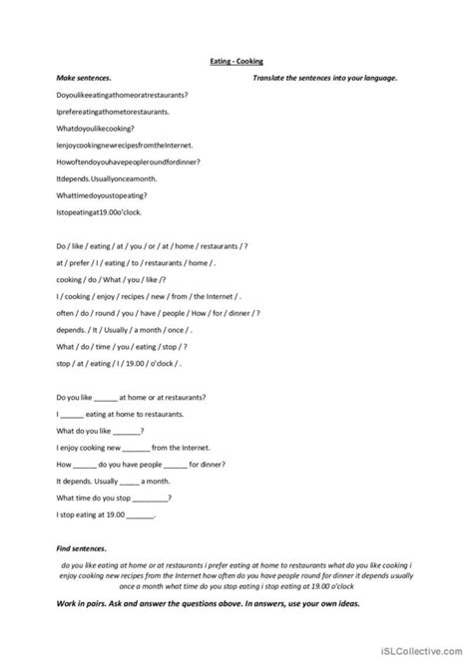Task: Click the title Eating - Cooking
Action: coord(236,61)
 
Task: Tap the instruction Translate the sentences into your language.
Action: coord(324,77)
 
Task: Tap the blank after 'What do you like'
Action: coord(128,432)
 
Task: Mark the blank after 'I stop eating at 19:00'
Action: coord(141,516)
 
